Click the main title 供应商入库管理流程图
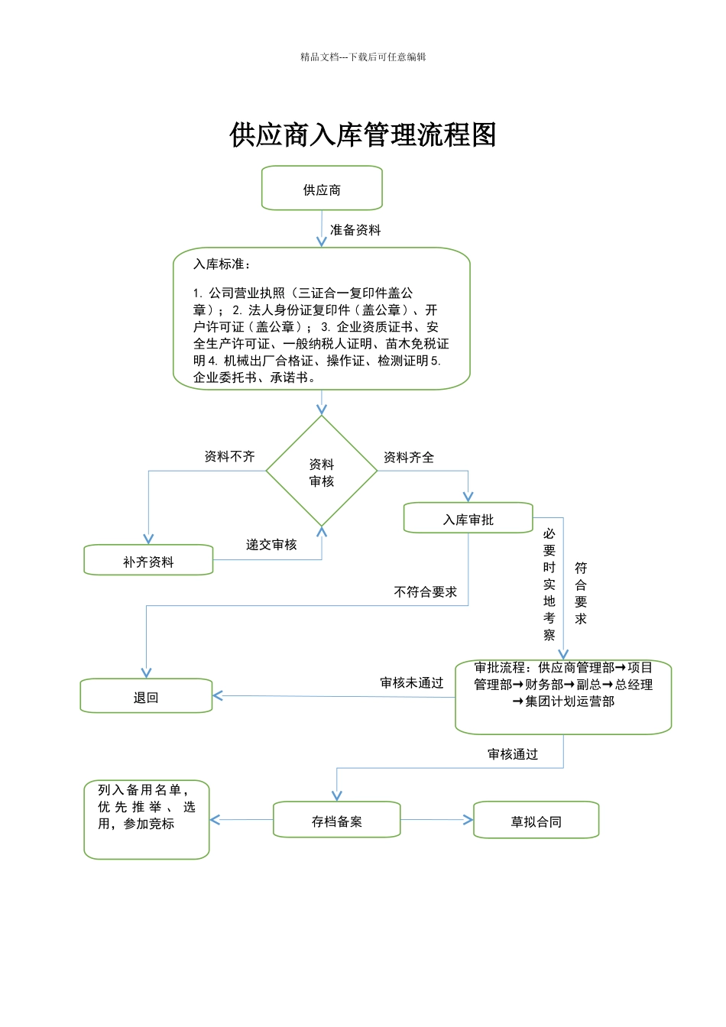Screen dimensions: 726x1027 tap(363, 134)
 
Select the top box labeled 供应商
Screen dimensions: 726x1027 tap(322, 188)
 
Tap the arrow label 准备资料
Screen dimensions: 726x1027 tap(355, 230)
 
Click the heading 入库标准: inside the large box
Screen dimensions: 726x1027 tap(222, 264)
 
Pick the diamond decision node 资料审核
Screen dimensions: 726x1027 tap(322, 471)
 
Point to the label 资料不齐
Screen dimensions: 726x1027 tap(229, 456)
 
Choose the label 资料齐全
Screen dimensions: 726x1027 tap(409, 457)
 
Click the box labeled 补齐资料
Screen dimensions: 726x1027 tap(148, 560)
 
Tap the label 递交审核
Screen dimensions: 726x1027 tap(271, 545)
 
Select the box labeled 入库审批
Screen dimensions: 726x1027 tap(468, 517)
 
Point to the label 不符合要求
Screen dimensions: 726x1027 tap(425, 592)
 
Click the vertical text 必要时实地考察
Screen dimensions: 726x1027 tap(549, 584)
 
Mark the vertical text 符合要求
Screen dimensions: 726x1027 tap(581, 593)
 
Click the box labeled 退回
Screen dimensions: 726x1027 tap(146, 695)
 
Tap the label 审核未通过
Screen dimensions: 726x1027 tap(412, 682)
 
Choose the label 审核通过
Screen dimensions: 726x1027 tap(512, 754)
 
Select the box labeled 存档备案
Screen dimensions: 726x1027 tap(336, 819)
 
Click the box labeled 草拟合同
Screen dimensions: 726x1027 tap(536, 820)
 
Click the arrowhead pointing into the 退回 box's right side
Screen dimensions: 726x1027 tap(217, 695)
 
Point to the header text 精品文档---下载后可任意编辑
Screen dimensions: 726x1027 tap(363, 57)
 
